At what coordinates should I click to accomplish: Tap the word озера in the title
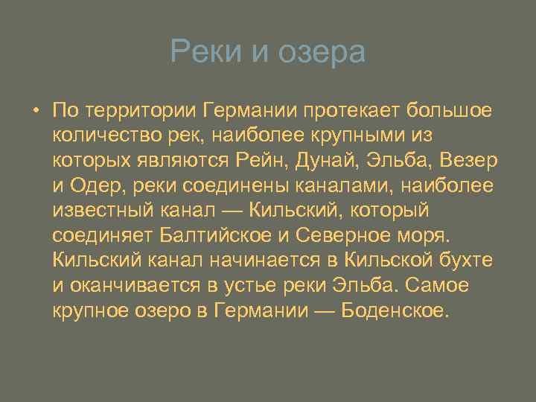[x=322, y=52]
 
